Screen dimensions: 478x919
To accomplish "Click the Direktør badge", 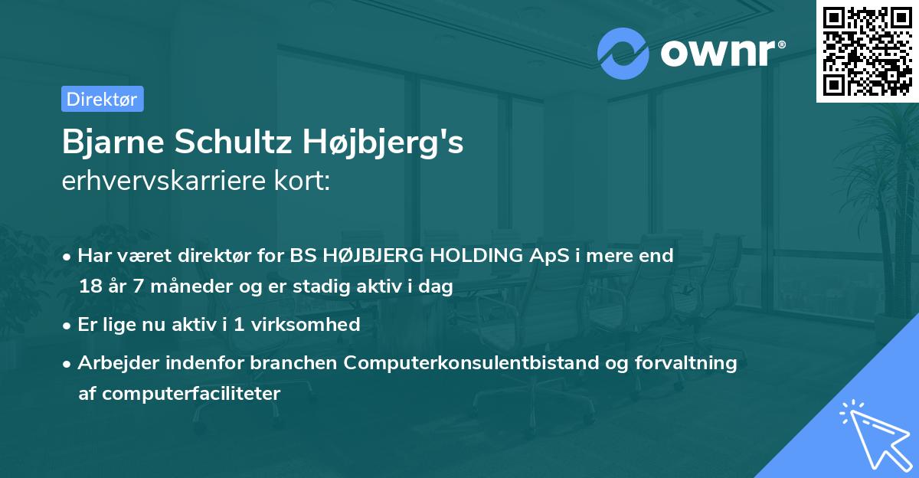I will click(x=102, y=99).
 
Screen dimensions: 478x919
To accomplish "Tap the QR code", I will click(x=866, y=51).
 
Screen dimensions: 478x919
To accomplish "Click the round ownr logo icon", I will click(x=623, y=54).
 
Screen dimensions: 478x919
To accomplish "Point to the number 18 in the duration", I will click(x=89, y=286).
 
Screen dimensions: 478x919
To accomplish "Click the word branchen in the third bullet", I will click(x=301, y=363).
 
